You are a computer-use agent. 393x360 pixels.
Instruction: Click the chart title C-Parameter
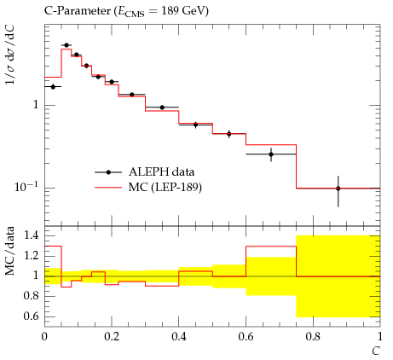coord(78,11)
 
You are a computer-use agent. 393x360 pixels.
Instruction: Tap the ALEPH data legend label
coord(161,172)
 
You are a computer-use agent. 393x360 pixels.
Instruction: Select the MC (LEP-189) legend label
coord(165,188)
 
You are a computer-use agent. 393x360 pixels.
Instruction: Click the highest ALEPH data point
coord(66,45)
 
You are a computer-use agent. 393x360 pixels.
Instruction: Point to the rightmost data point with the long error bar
coord(338,189)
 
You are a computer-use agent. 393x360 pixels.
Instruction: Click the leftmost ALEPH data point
coord(53,87)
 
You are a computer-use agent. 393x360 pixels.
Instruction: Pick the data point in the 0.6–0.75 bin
coord(271,154)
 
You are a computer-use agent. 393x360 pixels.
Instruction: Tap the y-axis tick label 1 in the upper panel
coord(36,105)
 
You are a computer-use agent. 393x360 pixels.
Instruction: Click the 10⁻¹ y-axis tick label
coord(26,187)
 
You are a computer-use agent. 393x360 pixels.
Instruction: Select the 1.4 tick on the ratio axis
coord(32,235)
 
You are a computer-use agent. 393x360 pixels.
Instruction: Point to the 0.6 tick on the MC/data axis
coord(32,316)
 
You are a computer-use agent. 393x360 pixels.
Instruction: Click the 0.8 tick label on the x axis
coord(313,337)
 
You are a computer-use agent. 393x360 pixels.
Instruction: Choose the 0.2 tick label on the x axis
coord(112,337)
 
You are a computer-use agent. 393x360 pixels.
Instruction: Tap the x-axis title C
coord(376,351)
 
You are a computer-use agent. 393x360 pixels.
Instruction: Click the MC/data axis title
coord(9,251)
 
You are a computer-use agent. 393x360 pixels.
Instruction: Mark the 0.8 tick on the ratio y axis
coord(32,296)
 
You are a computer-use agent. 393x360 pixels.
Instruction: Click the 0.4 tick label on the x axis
coord(179,337)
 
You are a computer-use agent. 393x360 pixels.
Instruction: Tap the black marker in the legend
coord(108,172)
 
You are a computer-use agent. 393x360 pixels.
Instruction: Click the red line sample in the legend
coord(108,188)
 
